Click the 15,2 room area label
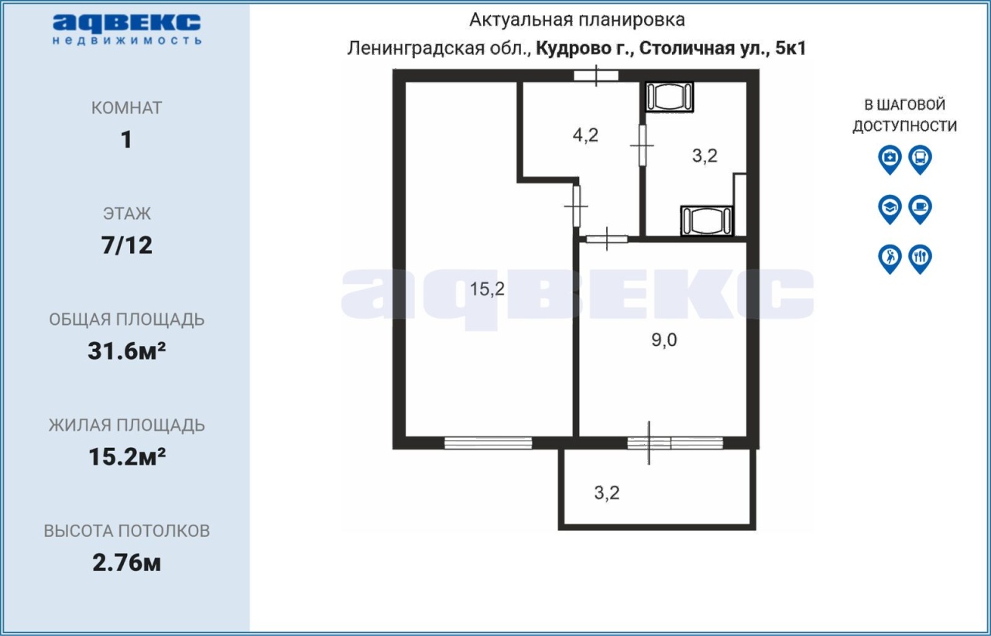coord(487,289)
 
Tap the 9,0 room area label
coord(664,340)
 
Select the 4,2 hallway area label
coord(585,135)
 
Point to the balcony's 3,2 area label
coord(606,493)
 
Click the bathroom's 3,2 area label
coord(705,156)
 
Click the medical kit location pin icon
coord(890,159)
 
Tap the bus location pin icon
coord(921,159)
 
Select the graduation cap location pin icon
coord(890,209)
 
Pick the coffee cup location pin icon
coord(921,209)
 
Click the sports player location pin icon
coord(890,259)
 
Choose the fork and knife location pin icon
coord(921,259)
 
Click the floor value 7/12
coord(126,245)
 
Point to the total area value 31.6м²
coord(126,351)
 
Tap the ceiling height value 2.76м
coord(126,562)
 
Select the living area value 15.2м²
coord(126,456)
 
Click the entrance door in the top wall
coord(596,76)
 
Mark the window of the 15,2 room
coord(488,443)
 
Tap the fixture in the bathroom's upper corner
coord(670,97)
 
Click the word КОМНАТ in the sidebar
coord(126,108)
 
